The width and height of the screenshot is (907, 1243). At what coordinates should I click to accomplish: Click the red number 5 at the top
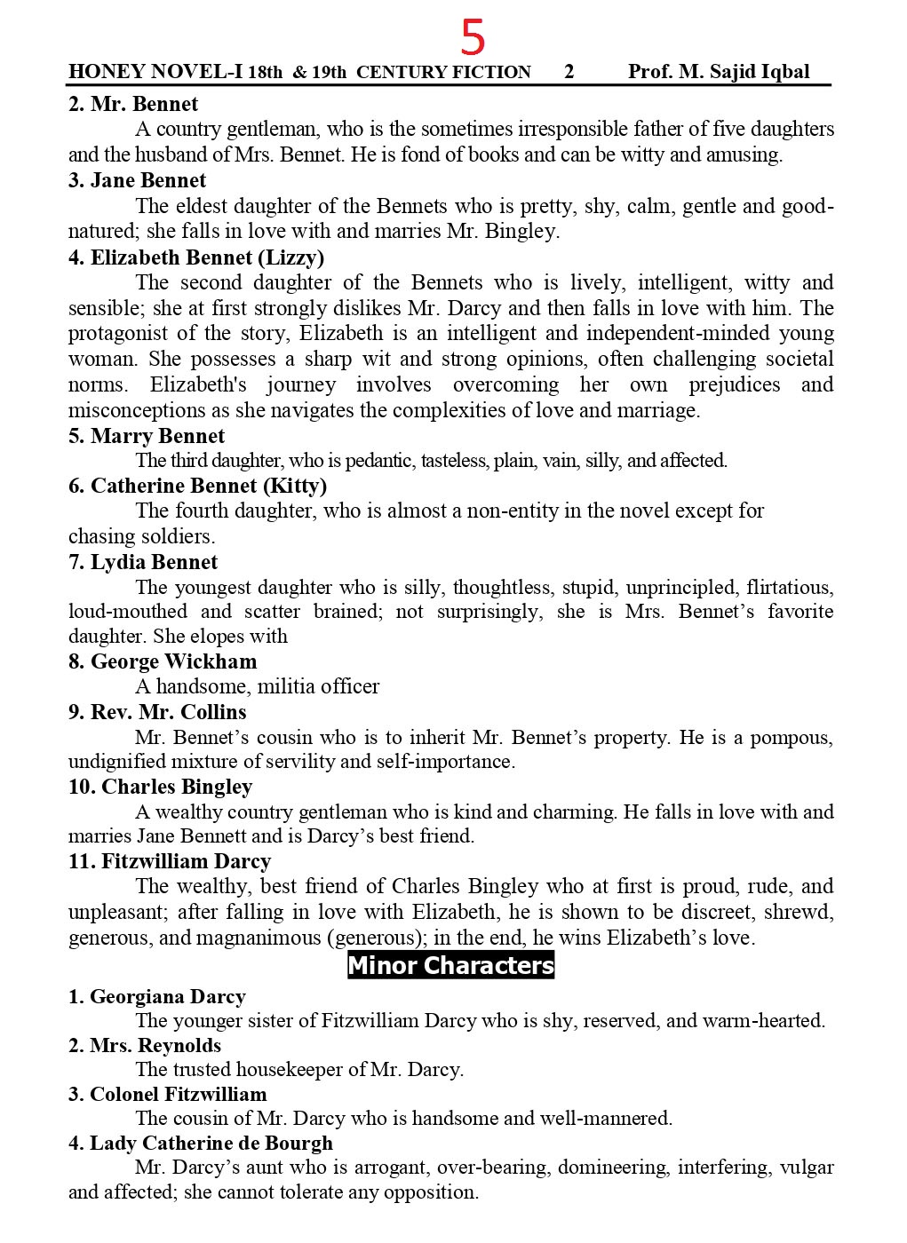473,38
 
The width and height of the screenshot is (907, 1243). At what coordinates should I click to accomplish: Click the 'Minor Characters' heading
450,965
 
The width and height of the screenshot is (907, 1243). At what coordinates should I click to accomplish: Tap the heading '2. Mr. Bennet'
133,104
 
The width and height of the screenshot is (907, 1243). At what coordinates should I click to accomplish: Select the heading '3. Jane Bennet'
138,180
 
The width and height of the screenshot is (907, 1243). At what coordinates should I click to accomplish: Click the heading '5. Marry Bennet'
147,436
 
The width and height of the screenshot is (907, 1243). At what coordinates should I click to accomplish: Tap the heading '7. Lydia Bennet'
143,562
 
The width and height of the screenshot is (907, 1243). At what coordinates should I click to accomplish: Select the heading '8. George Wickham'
163,661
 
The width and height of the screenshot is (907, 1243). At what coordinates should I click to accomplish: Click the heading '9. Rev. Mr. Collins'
157,712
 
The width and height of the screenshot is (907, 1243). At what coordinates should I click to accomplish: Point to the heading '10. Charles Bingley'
160,787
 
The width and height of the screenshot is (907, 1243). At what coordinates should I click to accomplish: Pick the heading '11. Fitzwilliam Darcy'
170,861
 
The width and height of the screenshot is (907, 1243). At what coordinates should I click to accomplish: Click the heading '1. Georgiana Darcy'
156,996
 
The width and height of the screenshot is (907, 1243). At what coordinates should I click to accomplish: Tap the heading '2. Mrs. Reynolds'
145,1045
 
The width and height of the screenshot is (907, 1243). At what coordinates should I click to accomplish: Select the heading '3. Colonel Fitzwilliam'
168,1094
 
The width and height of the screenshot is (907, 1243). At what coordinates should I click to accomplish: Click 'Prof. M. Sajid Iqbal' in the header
719,72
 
